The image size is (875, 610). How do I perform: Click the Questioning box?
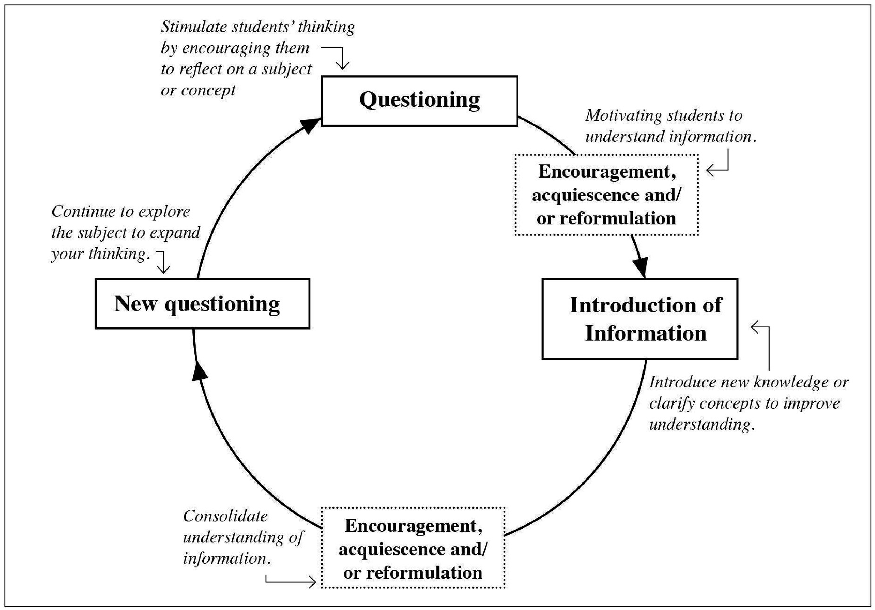tap(419, 101)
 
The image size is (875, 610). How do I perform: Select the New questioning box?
tap(202, 304)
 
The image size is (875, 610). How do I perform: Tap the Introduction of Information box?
tap(640, 319)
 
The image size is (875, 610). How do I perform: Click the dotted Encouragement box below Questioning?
tap(606, 195)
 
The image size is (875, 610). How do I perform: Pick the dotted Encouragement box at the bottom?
tap(413, 548)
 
